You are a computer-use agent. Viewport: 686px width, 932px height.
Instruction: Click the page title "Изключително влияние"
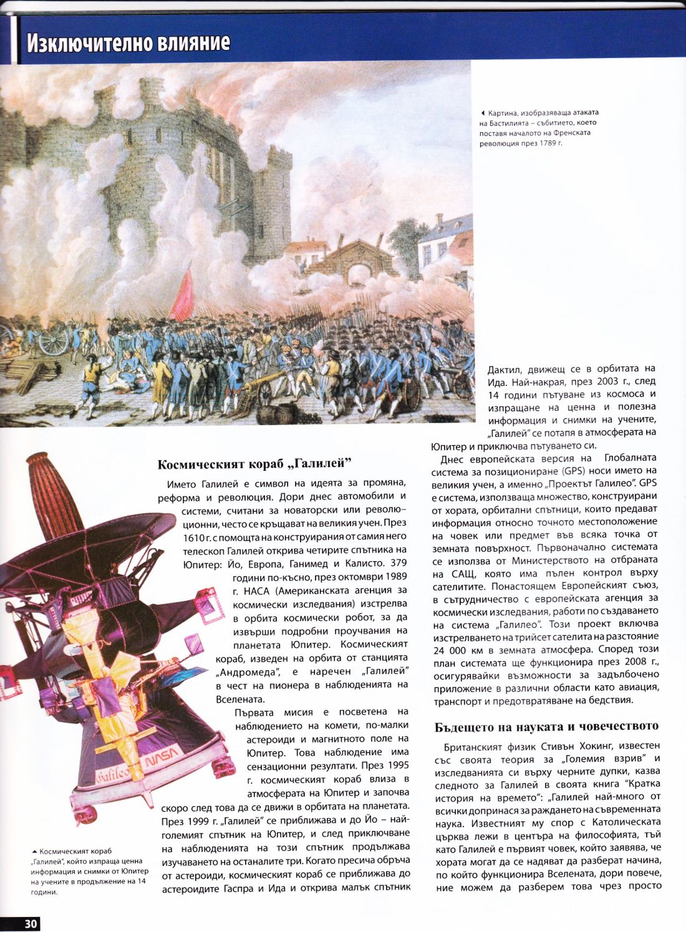128,43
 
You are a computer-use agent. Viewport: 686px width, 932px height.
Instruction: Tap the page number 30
31,923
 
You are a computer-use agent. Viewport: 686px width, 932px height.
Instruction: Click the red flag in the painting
183,292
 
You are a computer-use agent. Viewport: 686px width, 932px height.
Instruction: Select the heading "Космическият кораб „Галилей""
254,464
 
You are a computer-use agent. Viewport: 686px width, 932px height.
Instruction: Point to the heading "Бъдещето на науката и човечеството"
546,726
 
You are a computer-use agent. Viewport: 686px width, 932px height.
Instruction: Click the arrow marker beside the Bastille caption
483,113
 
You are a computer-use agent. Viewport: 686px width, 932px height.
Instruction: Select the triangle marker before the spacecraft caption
34,851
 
